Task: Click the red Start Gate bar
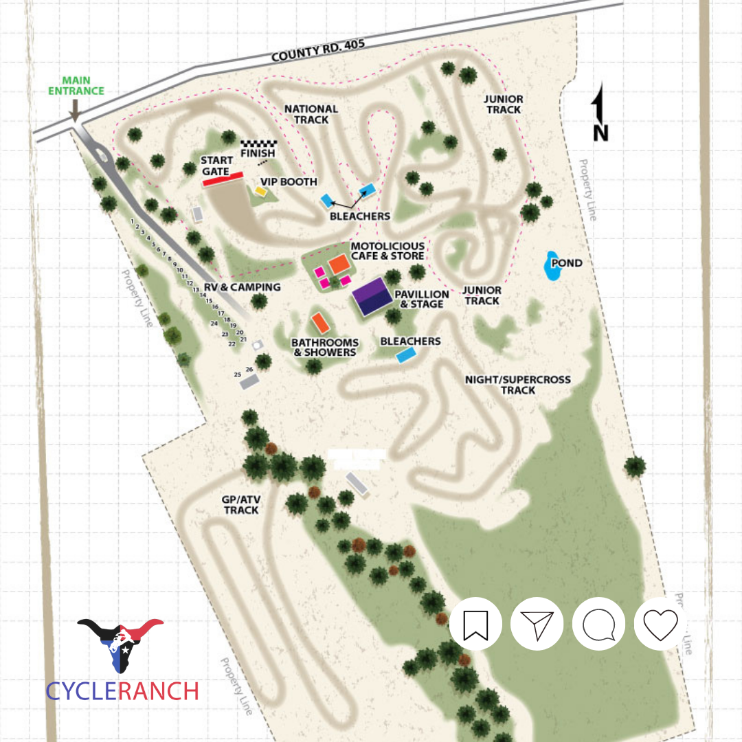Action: pos(223,179)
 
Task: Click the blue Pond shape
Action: pos(553,267)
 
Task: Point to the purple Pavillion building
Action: pos(372,296)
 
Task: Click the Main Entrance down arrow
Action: pos(74,110)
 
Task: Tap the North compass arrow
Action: pos(599,110)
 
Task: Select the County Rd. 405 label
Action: pos(317,51)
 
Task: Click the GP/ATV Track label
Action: pos(241,505)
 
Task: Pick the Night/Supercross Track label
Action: pos(517,385)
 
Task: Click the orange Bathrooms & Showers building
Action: pos(319,322)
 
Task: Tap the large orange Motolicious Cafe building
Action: pos(338,263)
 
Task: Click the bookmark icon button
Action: pos(475,625)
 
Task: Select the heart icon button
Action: pos(660,625)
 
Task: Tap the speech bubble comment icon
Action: pos(598,625)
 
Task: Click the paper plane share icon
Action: pos(537,625)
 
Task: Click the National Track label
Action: pos(311,114)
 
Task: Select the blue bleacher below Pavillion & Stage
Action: pos(407,355)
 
